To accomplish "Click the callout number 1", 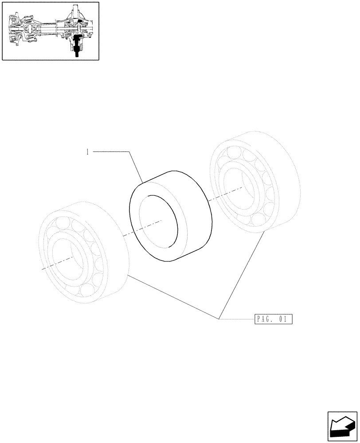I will coord(88,152).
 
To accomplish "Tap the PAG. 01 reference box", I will coord(274,319).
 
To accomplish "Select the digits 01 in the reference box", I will coord(286,319).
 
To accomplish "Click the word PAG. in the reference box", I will coord(265,319).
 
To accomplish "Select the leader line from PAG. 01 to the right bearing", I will coord(242,275).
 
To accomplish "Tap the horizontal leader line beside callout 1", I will coord(111,152).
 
